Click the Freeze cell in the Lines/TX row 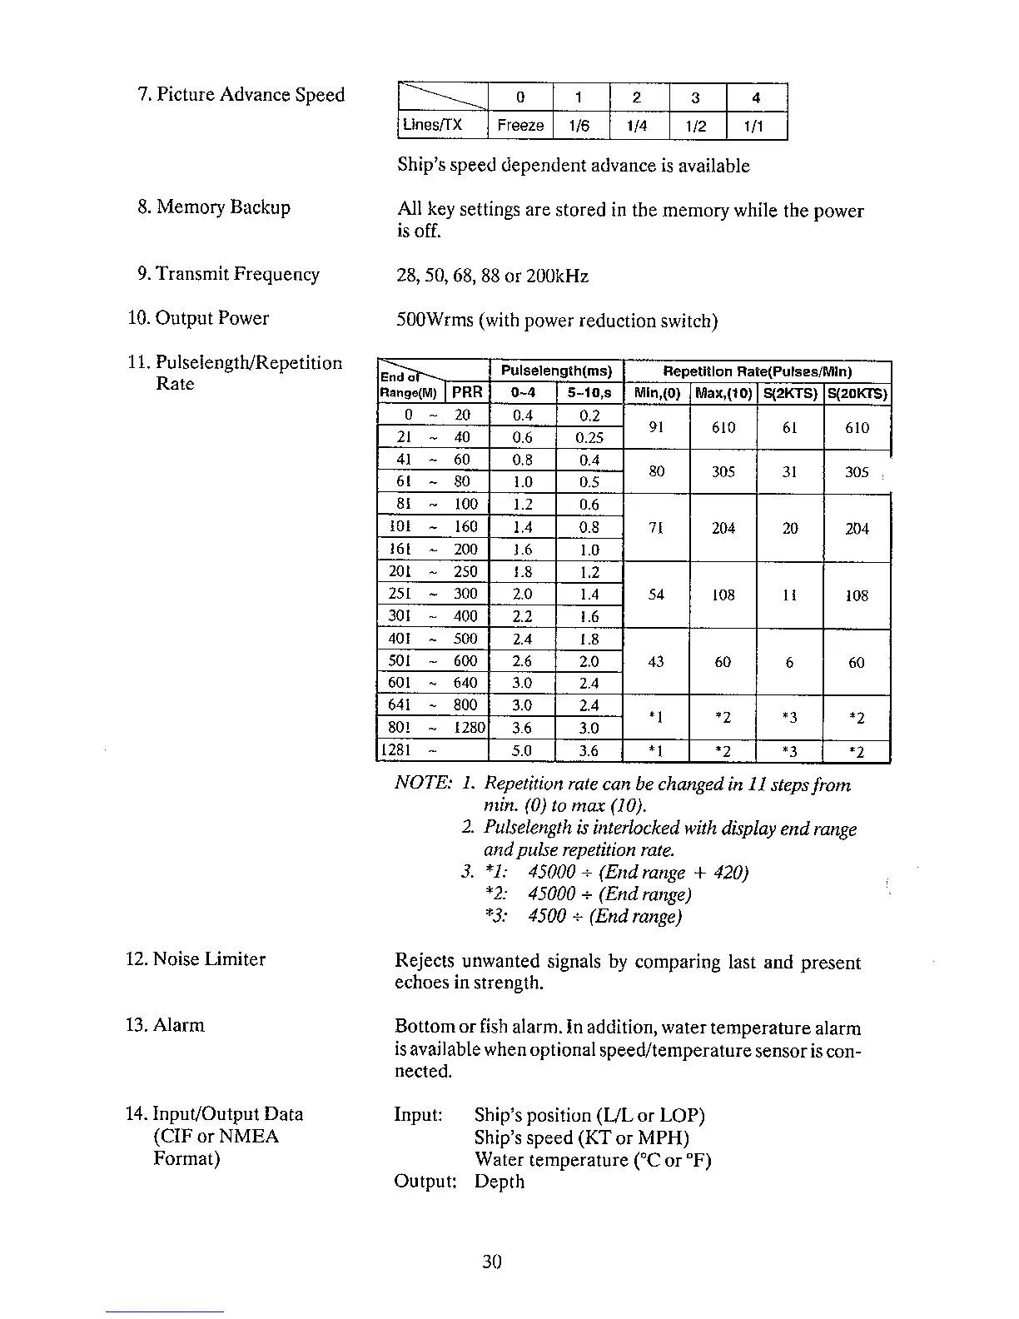click(520, 126)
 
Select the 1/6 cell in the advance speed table click(579, 126)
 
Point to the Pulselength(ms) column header click(556, 371)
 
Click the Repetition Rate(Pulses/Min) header click(757, 371)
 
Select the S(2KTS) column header click(790, 393)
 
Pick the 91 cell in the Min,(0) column click(656, 427)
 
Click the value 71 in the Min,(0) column click(656, 528)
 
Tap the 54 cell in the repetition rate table click(656, 595)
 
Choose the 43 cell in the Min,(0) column click(656, 662)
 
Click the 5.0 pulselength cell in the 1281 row click(522, 752)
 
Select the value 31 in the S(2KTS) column click(790, 472)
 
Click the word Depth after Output click(500, 1182)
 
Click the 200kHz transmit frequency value click(558, 276)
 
